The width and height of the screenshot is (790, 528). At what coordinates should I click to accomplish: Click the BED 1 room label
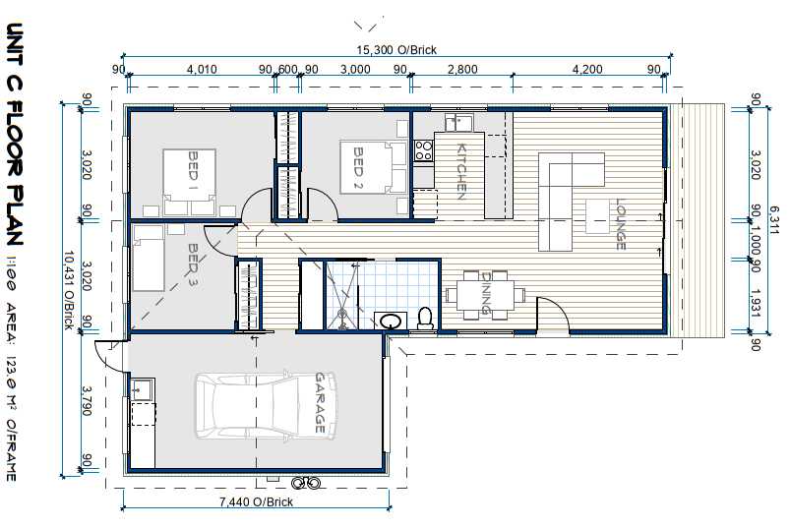click(x=193, y=165)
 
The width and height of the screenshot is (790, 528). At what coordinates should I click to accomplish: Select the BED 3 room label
click(x=193, y=264)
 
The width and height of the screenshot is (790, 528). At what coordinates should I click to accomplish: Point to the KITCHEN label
click(x=461, y=172)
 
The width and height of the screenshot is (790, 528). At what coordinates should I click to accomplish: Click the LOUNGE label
click(x=621, y=224)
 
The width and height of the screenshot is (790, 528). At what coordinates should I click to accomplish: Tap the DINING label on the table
click(x=486, y=293)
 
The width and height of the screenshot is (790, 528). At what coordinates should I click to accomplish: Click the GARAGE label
click(x=320, y=403)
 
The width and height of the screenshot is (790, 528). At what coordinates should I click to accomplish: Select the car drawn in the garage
click(x=266, y=405)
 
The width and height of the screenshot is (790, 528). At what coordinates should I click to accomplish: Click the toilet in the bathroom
click(x=426, y=319)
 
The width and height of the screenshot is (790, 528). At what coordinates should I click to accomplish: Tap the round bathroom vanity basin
click(x=390, y=321)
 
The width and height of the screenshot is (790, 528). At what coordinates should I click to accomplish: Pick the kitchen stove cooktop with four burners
click(x=423, y=150)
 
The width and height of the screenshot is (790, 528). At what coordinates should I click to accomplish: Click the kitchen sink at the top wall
click(x=459, y=122)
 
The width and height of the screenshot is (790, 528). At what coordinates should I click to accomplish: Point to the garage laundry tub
click(x=142, y=389)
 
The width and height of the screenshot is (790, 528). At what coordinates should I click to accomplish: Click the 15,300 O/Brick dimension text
click(x=396, y=50)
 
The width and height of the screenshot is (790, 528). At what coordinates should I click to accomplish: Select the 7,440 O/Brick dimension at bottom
click(x=256, y=501)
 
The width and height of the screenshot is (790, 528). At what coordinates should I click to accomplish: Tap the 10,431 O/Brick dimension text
click(x=69, y=290)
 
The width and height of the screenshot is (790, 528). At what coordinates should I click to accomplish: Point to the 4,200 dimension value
click(x=587, y=69)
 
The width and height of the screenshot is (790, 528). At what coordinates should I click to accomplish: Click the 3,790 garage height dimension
click(x=87, y=400)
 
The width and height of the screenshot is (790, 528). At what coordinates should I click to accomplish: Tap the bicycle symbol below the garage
click(x=306, y=483)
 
